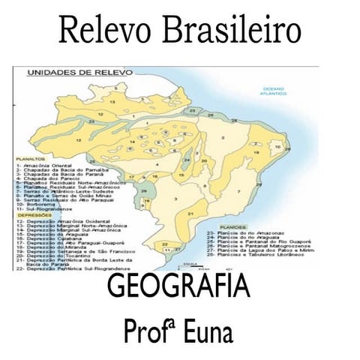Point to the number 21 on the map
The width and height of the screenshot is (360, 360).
click(190, 213)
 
